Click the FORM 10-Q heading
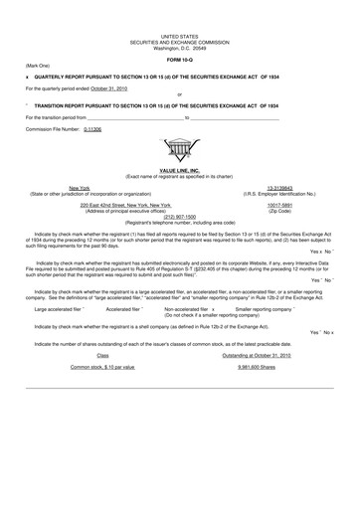(x=180, y=61)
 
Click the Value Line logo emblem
(x=180, y=152)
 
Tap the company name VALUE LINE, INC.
(x=180, y=171)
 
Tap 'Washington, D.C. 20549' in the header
(x=180, y=48)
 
